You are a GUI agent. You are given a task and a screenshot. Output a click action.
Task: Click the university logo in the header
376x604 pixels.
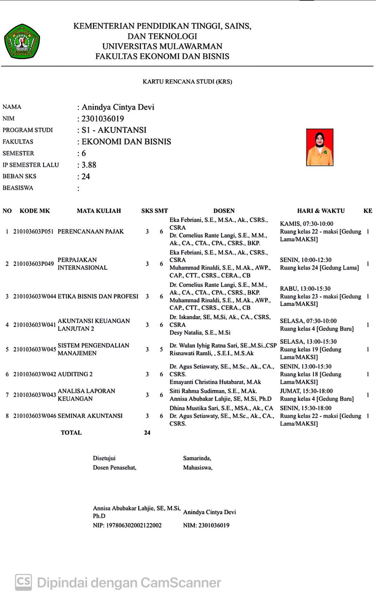pos(22,41)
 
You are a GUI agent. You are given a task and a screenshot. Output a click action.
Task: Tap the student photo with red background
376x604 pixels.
pos(320,147)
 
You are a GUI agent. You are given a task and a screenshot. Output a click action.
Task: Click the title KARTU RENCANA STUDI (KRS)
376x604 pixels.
pos(187,82)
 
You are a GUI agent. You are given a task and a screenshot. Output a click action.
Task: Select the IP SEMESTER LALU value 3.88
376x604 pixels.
pos(89,165)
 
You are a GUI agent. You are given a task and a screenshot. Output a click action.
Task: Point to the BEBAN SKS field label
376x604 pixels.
pos(20,176)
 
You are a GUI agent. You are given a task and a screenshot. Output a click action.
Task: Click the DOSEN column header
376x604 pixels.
pos(224,211)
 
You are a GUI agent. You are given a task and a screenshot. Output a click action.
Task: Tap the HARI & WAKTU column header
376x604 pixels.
pos(321,211)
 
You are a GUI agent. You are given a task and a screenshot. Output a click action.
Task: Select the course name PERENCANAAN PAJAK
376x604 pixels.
pos(91,231)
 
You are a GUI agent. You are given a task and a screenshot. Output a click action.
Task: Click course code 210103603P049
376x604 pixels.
pos(33,263)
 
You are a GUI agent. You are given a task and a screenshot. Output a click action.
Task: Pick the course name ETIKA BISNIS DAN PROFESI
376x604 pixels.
pos(98,296)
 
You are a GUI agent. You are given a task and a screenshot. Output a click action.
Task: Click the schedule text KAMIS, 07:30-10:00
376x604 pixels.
pos(306,224)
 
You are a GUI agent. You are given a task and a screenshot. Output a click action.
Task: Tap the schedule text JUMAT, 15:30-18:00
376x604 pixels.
pos(306,391)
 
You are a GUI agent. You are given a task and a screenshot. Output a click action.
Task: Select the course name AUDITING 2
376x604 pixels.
pos(75,374)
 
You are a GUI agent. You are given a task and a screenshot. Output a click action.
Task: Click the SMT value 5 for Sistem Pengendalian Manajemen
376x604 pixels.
pos(162,349)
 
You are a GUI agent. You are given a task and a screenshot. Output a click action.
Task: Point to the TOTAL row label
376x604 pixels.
pos(71,433)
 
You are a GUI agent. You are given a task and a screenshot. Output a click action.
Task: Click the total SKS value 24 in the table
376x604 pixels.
pos(147,433)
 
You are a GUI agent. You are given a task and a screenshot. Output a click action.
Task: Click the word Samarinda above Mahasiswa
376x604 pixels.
pos(197,458)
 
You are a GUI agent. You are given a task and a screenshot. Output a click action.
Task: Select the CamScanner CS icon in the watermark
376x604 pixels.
pos(23,582)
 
